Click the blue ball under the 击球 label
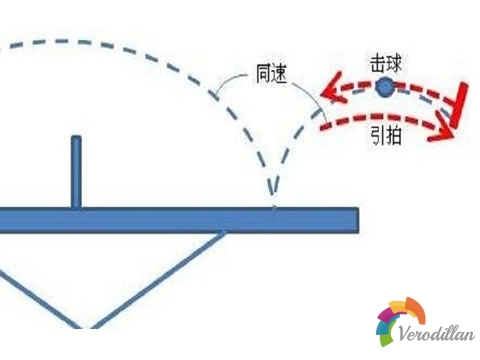386,88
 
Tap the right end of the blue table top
352,221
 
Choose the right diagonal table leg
160,279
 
